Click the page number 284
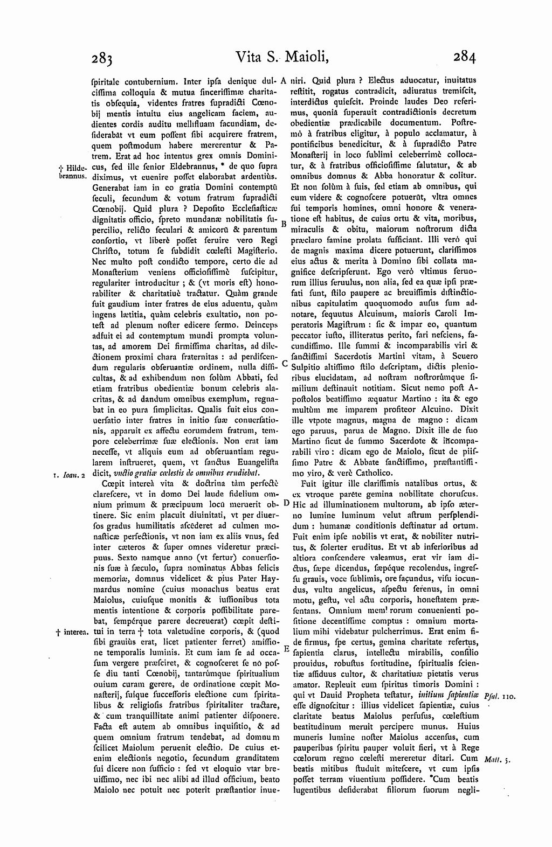[464, 56]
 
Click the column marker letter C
[285, 364]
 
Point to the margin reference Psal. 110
[501, 697]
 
